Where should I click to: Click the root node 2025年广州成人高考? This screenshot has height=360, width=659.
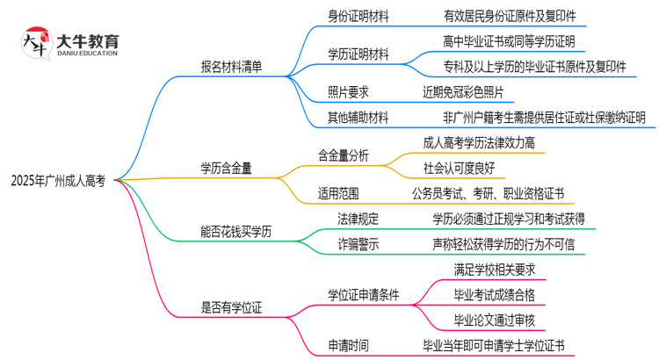pyautogui.click(x=58, y=181)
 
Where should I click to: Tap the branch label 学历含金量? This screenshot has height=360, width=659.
pyautogui.click(x=226, y=168)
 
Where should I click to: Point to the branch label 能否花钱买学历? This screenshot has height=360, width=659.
pyautogui.click(x=237, y=232)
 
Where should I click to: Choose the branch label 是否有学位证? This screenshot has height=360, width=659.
pyautogui.click(x=232, y=307)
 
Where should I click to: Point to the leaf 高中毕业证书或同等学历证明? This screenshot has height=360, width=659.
pyautogui.click(x=510, y=41)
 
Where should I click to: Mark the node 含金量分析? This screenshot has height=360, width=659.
pyautogui.click(x=344, y=155)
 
